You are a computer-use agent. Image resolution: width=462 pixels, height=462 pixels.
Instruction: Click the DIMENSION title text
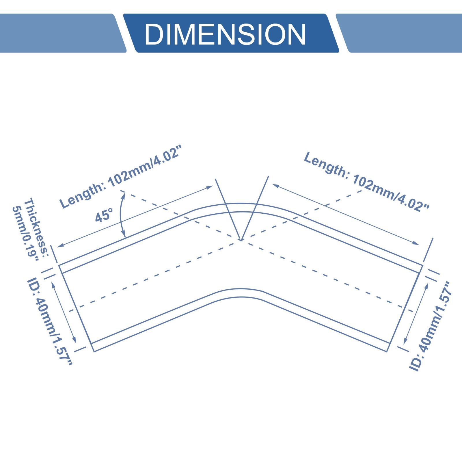[x=225, y=34]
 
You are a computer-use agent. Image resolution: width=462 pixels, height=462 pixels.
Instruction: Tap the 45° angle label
[x=104, y=215]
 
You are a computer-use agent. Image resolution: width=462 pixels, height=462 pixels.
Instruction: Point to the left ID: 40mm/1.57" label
[x=49, y=322]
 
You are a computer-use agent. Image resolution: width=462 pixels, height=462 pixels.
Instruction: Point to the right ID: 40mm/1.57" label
[x=430, y=326]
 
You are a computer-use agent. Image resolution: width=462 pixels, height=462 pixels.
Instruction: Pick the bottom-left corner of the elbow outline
[x=94, y=351]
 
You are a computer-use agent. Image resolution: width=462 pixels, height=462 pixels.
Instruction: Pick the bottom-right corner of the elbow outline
[x=387, y=352]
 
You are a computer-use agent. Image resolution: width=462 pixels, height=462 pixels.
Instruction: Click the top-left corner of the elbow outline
[x=59, y=265]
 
